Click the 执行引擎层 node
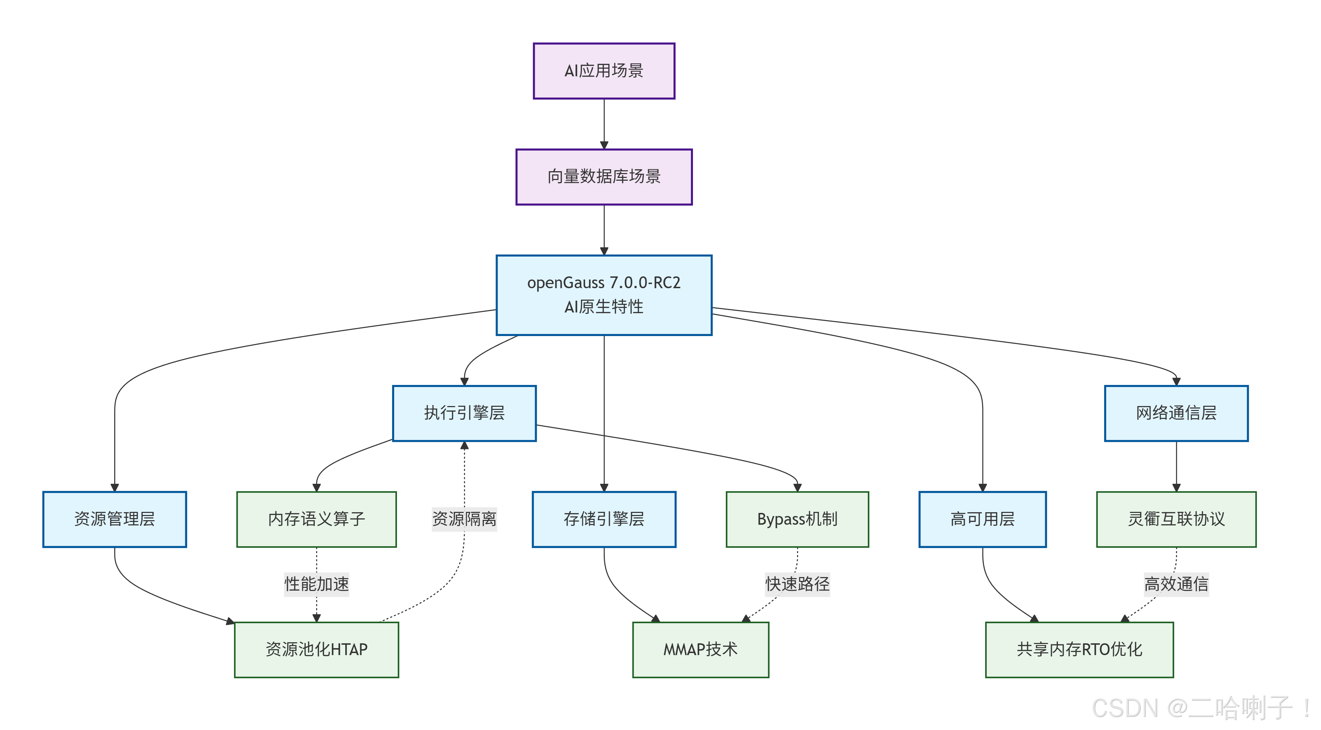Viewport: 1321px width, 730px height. click(x=464, y=413)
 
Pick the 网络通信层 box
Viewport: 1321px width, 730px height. click(x=1176, y=413)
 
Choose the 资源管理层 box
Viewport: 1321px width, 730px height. click(x=115, y=519)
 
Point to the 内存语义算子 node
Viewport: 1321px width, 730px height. click(x=316, y=519)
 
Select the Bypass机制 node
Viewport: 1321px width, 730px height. click(x=797, y=519)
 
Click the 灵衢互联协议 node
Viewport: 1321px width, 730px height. click(x=1176, y=519)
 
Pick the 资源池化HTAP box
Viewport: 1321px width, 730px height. click(x=316, y=650)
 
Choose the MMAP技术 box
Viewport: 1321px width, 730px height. click(x=701, y=650)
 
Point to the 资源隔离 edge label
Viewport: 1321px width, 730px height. click(x=464, y=519)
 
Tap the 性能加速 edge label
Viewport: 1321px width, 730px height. click(x=316, y=584)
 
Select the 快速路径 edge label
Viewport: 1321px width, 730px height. click(x=797, y=584)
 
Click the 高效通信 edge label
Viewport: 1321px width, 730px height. click(x=1176, y=584)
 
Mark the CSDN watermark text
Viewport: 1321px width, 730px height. click(x=1200, y=708)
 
